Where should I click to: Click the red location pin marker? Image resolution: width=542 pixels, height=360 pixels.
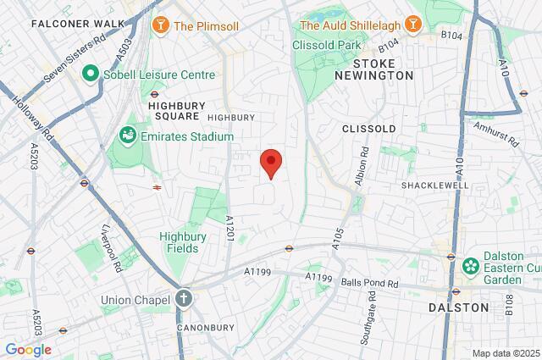pos(270,162)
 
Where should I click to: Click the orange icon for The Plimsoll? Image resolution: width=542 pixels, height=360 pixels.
pos(158,26)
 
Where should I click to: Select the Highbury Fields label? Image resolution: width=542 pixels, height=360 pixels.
pos(179,242)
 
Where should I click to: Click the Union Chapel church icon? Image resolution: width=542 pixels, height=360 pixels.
pos(185,298)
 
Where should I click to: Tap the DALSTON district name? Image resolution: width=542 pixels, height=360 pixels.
pos(458,307)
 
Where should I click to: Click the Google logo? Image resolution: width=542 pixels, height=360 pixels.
pos(28,349)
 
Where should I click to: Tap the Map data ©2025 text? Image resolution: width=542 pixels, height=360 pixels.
pos(505,353)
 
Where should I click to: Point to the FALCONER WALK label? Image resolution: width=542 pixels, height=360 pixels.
pos(71,24)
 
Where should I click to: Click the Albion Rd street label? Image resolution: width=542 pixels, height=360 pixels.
pos(364,168)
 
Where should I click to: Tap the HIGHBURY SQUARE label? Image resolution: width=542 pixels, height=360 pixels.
pos(168,111)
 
